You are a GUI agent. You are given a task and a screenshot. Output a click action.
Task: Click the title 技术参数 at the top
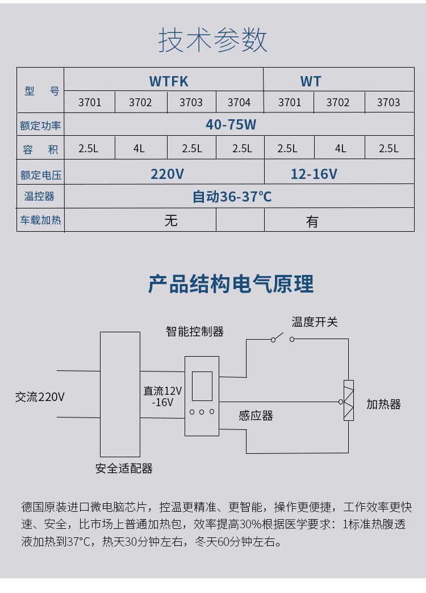(212, 40)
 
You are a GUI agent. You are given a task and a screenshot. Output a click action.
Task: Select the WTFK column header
(169, 81)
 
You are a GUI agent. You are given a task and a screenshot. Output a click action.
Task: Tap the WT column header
(311, 81)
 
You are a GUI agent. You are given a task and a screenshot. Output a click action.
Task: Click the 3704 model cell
(239, 102)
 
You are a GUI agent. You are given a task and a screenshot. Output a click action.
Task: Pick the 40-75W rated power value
(231, 124)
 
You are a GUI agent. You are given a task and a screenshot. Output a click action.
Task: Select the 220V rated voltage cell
(167, 174)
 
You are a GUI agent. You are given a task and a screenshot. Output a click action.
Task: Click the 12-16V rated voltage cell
(314, 174)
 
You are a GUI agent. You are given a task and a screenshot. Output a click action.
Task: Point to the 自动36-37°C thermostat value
(232, 197)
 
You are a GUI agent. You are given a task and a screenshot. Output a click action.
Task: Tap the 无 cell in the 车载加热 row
(171, 220)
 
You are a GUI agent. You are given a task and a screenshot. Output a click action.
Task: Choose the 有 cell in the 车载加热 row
(312, 222)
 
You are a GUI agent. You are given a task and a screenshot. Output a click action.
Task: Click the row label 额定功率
(40, 126)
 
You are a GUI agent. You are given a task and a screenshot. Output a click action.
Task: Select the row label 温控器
(39, 197)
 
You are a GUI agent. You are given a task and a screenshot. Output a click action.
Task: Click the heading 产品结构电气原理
(231, 284)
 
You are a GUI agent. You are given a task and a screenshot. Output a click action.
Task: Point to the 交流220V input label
(40, 397)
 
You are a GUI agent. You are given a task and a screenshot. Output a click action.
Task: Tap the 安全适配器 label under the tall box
(124, 469)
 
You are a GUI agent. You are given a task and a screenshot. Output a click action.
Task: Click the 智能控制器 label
(194, 332)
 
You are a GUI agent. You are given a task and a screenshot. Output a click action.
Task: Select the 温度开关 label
(315, 322)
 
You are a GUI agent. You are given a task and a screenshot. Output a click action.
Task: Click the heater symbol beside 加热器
(348, 400)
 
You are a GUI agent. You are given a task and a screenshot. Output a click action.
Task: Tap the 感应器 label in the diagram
(256, 416)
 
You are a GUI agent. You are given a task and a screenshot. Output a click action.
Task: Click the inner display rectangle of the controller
(202, 386)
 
